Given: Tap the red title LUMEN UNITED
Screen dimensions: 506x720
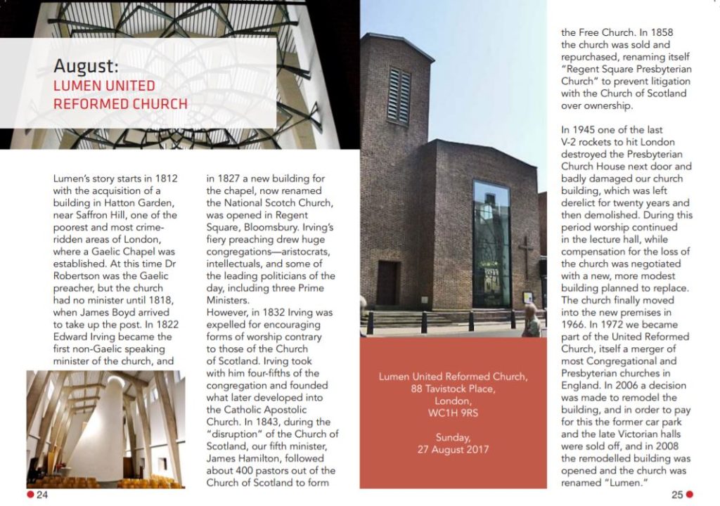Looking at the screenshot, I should (104, 86).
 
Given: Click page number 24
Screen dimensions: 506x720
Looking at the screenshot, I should (42, 495).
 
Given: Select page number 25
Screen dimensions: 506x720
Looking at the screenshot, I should (677, 495).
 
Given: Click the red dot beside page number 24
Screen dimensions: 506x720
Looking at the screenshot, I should (30, 495).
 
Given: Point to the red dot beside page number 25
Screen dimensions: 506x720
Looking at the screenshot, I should (690, 495).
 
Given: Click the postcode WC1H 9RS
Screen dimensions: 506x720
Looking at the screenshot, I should (453, 413).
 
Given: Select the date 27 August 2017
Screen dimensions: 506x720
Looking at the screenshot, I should (453, 449).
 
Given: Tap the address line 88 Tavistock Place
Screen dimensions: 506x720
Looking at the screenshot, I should (453, 389).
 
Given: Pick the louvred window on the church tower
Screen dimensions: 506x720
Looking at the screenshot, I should (399, 96).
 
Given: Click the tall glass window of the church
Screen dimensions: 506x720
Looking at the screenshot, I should (491, 242).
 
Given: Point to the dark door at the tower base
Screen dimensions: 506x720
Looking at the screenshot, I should (387, 283).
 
